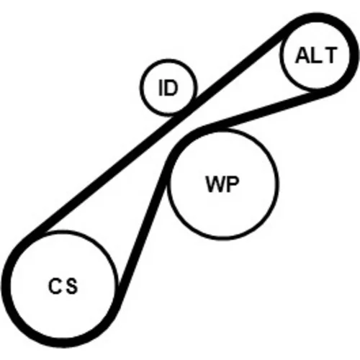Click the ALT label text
(x=315, y=55)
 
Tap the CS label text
(x=63, y=286)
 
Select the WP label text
(x=222, y=184)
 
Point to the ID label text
(x=168, y=88)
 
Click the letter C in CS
(x=55, y=286)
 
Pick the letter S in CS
(x=72, y=286)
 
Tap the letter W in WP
(x=215, y=184)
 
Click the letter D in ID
(x=171, y=88)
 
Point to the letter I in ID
(x=161, y=88)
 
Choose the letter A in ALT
(x=302, y=55)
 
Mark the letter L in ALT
(x=316, y=55)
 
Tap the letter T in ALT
(x=330, y=55)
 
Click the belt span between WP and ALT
(x=266, y=109)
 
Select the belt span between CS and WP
(x=142, y=228)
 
